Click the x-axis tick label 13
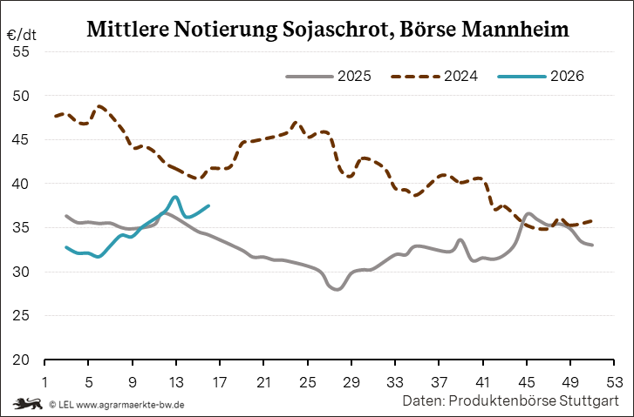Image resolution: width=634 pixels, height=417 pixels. [176, 380]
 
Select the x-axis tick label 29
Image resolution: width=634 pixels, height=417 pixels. [351, 380]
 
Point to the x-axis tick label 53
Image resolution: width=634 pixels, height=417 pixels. [614, 380]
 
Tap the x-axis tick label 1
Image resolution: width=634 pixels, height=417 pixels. [44, 380]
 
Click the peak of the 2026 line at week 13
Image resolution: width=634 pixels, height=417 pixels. [175, 197]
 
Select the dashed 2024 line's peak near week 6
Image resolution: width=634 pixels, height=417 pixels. [100, 106]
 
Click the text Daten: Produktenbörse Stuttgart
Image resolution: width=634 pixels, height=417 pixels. [510, 401]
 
